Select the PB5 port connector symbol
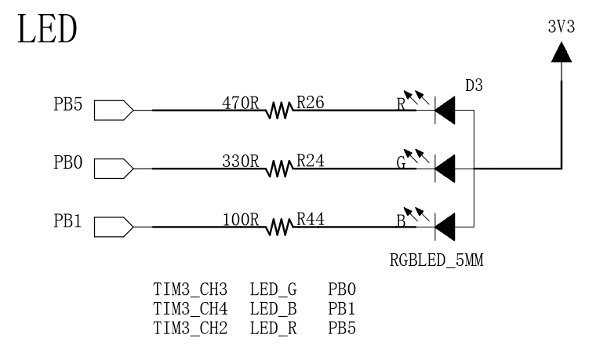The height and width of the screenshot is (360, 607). (113, 111)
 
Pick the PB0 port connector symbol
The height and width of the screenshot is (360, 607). (113, 168)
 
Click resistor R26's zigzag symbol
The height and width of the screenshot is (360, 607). (278, 111)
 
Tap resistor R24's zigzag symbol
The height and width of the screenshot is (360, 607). (278, 168)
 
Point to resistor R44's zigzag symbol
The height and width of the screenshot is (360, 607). (278, 227)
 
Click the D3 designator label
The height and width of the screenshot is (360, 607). (474, 85)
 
